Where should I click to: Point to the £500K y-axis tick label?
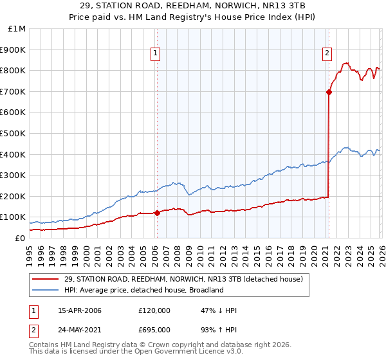(14, 133)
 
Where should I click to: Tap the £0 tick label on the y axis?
(21, 238)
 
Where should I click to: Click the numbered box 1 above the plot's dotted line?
(156, 54)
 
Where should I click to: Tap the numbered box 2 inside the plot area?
(327, 54)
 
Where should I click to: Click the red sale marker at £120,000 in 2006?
(157, 213)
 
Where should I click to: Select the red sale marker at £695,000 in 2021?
(329, 92)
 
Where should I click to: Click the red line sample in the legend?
(46, 279)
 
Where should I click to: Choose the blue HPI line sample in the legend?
(46, 290)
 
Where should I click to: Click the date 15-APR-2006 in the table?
(80, 310)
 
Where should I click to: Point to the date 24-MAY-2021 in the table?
(80, 330)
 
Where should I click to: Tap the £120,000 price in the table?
(154, 310)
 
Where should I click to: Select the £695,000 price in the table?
(154, 330)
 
